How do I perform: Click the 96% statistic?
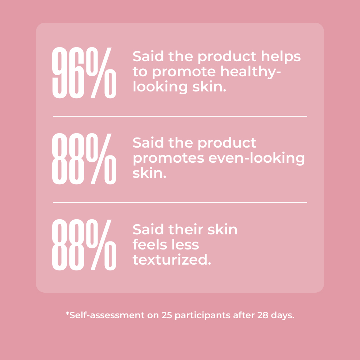click(84, 73)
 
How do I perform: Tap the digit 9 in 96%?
click(60, 73)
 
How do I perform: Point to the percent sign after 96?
click(101, 73)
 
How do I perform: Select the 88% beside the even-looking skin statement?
click(84, 159)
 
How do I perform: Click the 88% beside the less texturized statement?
click(84, 245)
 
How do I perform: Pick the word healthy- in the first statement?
click(251, 72)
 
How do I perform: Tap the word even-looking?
click(256, 158)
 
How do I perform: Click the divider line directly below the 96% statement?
click(180, 116)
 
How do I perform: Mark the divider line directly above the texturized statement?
click(180, 202)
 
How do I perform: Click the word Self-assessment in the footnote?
click(107, 315)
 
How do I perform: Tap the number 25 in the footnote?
click(167, 315)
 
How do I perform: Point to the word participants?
click(202, 315)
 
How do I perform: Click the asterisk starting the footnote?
click(67, 314)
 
